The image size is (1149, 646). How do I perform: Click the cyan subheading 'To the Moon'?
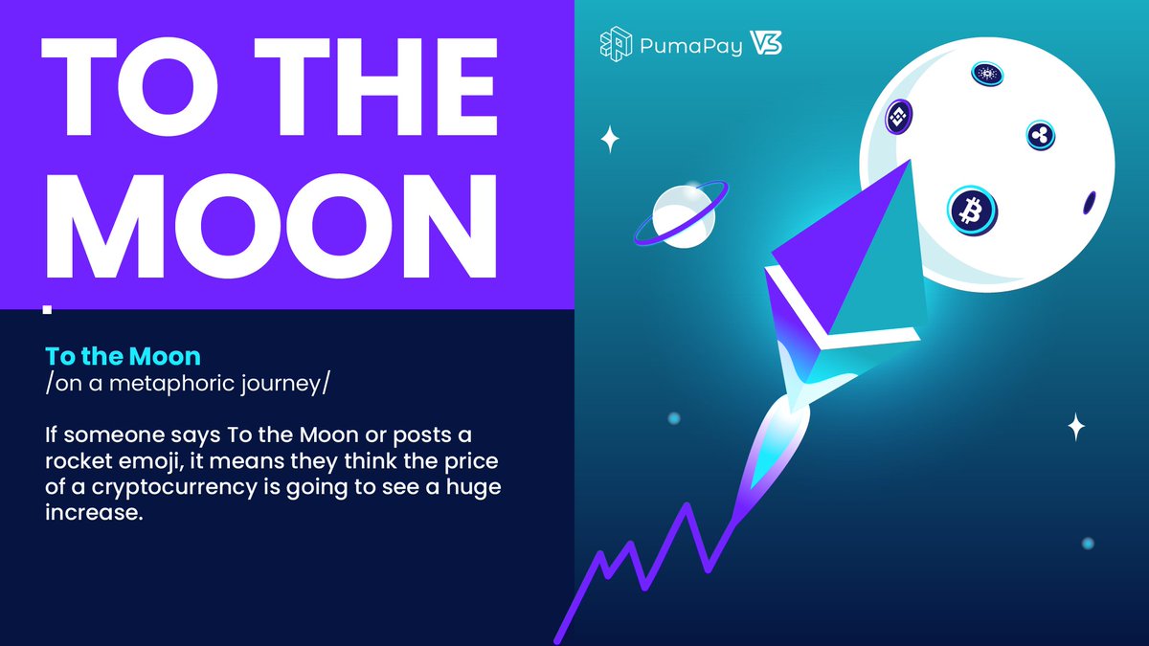(x=123, y=357)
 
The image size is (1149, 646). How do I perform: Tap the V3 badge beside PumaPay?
(x=766, y=43)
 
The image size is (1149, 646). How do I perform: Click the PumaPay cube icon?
(x=615, y=43)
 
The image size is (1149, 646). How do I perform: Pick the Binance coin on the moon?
(x=898, y=117)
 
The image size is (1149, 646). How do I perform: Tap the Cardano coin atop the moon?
(x=985, y=73)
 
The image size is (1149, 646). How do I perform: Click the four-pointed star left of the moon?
(x=610, y=140)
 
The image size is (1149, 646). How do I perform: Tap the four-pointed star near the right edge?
(x=1076, y=426)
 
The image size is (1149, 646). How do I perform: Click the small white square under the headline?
(x=48, y=309)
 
